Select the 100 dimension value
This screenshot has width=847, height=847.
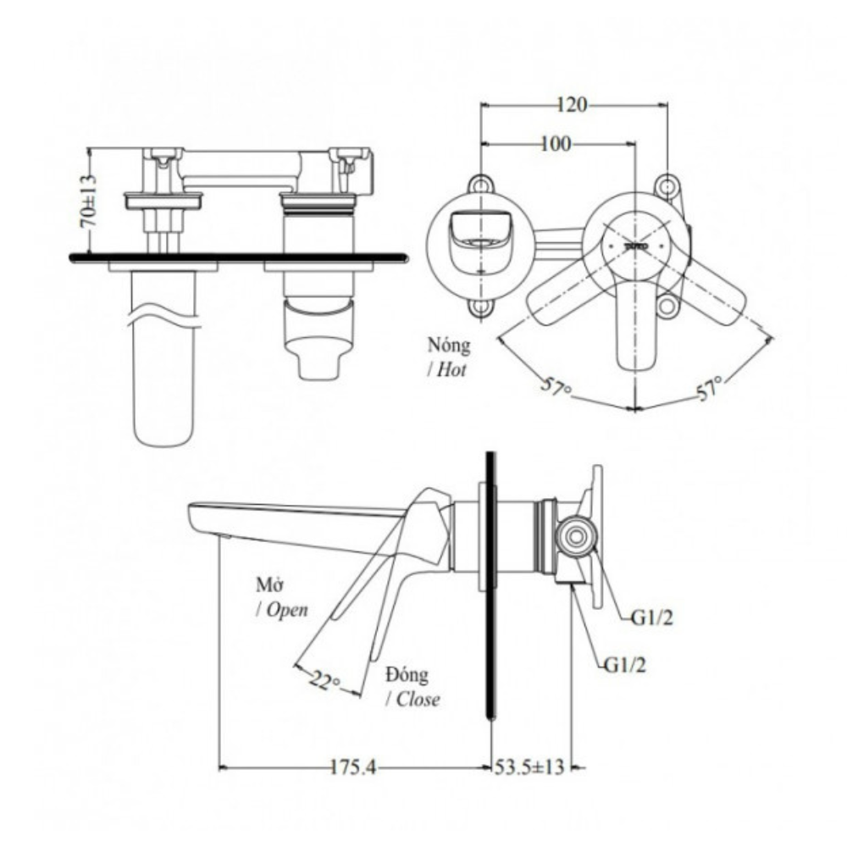tap(555, 143)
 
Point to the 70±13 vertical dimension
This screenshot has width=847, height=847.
tap(87, 200)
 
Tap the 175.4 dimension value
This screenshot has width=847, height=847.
tap(353, 768)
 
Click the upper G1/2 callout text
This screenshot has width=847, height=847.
tap(651, 618)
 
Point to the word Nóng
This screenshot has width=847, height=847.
tap(449, 346)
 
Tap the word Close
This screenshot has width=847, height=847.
tap(417, 700)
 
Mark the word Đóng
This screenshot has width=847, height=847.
tap(407, 675)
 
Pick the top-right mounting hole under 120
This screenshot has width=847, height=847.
tap(668, 184)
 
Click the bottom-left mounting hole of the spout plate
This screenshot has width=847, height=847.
tap(481, 307)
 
